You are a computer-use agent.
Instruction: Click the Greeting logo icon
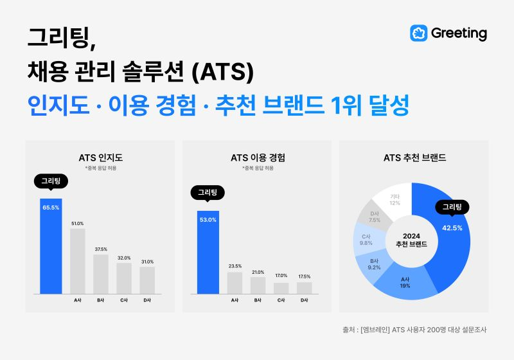[419, 33]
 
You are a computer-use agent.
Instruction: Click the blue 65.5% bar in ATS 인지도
[51, 248]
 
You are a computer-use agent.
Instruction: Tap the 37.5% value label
[101, 249]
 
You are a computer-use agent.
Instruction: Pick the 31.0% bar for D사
[147, 280]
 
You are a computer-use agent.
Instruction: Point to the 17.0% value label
[281, 276]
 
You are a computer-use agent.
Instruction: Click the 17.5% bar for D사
[304, 288]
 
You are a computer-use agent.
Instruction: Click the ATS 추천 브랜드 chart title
[414, 157]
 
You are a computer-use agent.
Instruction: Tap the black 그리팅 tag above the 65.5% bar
[51, 181]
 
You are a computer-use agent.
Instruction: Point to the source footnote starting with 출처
[414, 330]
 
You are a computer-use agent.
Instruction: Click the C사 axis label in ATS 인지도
[124, 300]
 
